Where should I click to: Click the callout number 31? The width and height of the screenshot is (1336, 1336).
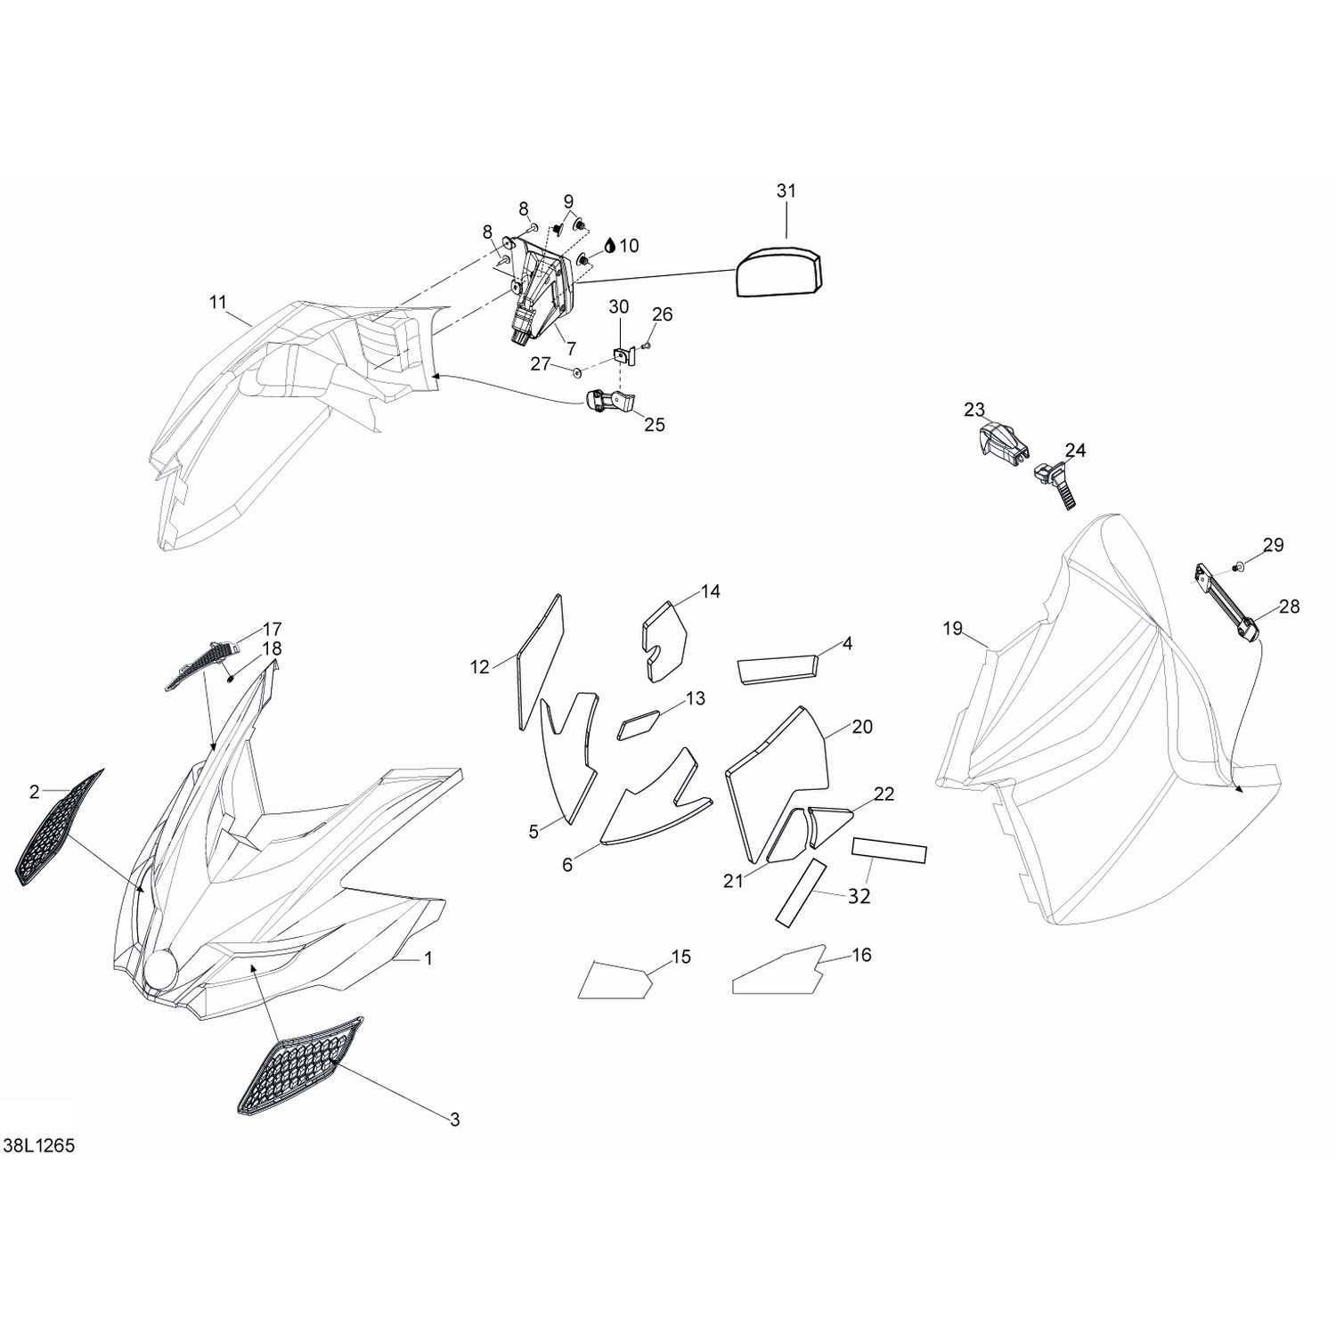[786, 191]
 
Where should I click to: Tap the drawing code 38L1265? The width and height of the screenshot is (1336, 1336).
[39, 1146]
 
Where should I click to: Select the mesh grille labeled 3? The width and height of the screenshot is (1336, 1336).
[299, 1065]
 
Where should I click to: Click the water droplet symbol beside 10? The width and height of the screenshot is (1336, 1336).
[609, 245]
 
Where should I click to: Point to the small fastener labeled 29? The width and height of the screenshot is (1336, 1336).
[1238, 566]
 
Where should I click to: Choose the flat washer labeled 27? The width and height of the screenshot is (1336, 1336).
[575, 369]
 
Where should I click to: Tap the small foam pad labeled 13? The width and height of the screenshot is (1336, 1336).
[638, 725]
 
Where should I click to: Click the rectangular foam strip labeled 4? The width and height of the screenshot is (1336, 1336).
[778, 670]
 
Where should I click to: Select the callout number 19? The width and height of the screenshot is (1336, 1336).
[953, 629]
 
